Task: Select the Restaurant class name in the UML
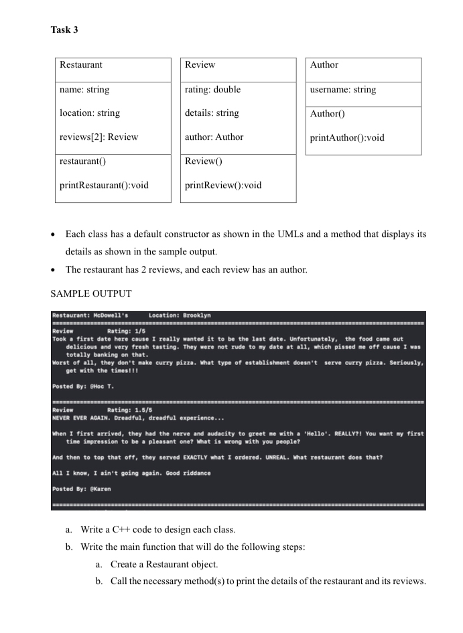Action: (x=81, y=65)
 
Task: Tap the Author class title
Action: (x=324, y=65)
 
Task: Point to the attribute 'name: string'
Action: (x=84, y=90)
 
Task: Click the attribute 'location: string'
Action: (x=90, y=113)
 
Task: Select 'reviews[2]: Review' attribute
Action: (x=98, y=137)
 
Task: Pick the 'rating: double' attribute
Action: (x=212, y=90)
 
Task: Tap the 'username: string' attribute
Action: (x=342, y=90)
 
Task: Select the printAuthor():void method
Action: (x=347, y=138)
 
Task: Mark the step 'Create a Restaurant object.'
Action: (x=175, y=564)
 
